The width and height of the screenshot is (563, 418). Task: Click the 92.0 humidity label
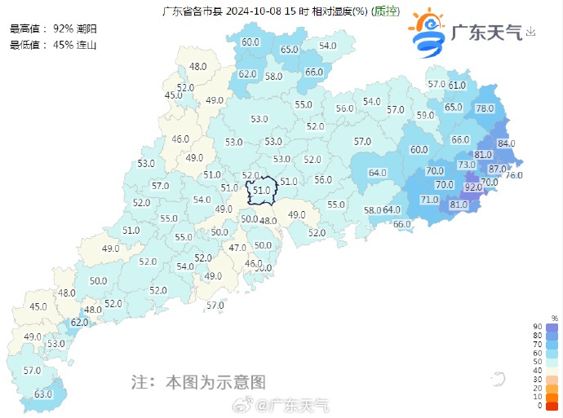473,187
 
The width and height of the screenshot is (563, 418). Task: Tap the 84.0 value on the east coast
507,143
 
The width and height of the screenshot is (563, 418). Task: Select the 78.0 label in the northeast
485,108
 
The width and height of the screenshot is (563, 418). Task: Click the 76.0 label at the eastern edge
514,175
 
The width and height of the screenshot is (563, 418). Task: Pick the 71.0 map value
429,200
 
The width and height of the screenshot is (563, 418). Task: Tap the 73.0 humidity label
467,165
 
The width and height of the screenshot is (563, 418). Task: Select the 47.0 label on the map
237,248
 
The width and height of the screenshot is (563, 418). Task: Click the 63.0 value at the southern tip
42,394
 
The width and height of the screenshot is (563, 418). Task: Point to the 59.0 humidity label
425,115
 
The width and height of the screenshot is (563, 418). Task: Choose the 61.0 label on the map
457,85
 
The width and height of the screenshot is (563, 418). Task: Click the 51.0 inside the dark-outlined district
261,191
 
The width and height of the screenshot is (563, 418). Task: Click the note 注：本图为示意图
199,381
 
